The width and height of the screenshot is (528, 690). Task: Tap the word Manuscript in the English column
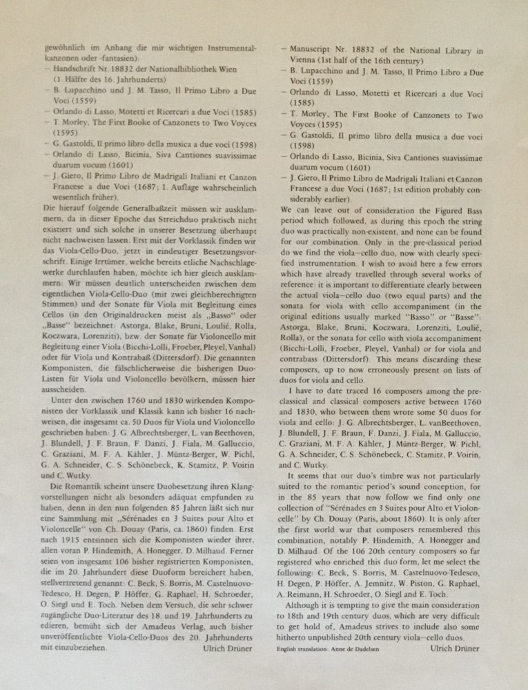tap(316, 50)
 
